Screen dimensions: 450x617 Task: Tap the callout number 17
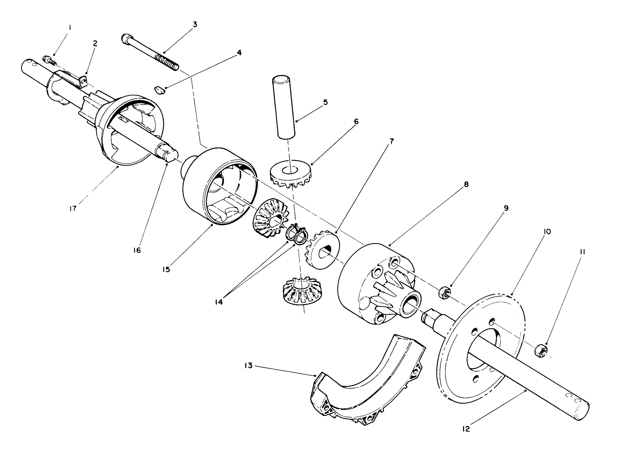(x=73, y=209)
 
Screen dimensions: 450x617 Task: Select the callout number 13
(x=248, y=366)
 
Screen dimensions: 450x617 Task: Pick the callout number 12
(x=466, y=429)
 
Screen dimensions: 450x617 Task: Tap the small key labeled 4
(x=159, y=89)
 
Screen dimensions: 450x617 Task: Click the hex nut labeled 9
(x=444, y=292)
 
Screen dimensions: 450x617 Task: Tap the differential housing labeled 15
(x=215, y=185)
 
